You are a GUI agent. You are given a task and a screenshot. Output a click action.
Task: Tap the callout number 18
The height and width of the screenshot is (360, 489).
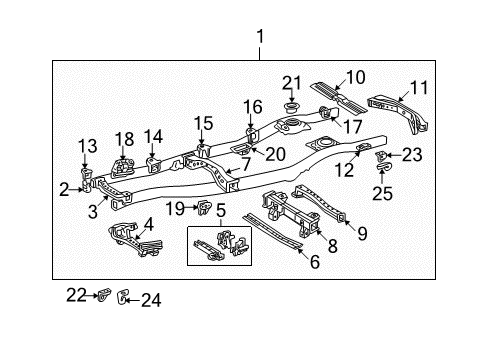124,137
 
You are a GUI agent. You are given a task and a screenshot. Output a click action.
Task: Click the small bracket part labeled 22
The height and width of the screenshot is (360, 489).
103,295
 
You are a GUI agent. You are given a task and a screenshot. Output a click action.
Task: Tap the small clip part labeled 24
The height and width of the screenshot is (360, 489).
122,296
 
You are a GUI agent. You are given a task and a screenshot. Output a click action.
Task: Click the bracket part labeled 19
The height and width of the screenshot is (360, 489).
204,208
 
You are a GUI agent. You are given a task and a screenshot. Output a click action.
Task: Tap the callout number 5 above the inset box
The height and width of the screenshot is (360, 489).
220,211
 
